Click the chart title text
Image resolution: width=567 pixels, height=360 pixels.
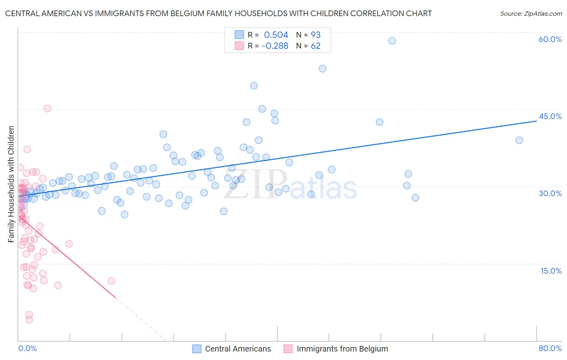point(218,13)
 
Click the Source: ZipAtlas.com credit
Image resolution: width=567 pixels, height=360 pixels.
point(531,13)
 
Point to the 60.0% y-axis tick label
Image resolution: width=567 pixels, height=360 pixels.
point(550,39)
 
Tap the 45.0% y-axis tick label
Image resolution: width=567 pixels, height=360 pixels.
point(550,116)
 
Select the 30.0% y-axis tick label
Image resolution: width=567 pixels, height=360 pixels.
point(550,193)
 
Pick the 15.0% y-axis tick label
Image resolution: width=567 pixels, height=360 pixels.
point(551,271)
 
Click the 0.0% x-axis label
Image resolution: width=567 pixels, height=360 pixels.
point(27,348)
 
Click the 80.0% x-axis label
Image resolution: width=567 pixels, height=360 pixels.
point(550,348)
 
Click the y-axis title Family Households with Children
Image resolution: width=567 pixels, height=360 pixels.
point(11,184)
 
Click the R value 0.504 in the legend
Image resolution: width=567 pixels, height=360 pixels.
point(276,35)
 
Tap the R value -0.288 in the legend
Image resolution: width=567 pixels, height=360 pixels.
point(275,46)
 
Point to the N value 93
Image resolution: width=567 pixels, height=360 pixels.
point(315,35)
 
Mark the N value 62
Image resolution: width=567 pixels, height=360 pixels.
point(315,46)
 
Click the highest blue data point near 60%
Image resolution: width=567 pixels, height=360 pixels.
point(392,41)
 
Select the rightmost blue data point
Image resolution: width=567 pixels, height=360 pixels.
point(519,140)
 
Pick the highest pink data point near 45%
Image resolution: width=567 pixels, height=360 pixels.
point(47,108)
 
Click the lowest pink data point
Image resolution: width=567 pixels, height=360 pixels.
point(29,320)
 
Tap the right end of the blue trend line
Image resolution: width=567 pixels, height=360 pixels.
point(536,121)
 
